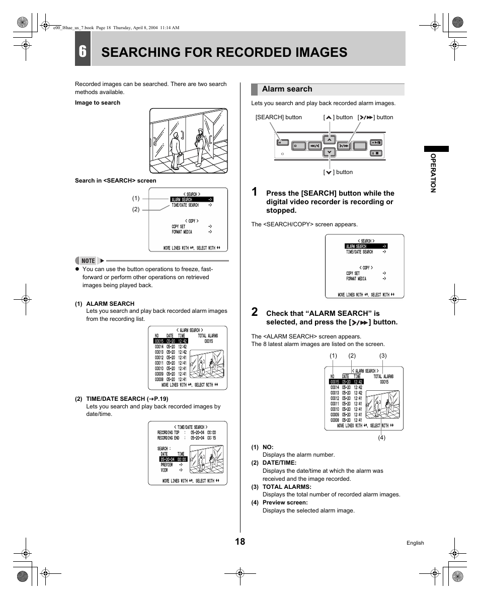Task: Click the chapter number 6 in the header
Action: [x=83, y=52]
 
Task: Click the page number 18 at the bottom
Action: [x=240, y=541]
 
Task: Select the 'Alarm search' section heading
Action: [x=287, y=89]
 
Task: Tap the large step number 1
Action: [x=255, y=192]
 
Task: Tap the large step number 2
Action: [x=255, y=312]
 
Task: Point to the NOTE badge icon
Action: [x=88, y=261]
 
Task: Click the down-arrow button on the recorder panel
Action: [x=329, y=152]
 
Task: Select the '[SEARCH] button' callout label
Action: [x=279, y=117]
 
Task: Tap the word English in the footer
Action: [x=415, y=543]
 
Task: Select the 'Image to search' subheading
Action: [x=98, y=103]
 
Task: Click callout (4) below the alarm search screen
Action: [x=381, y=438]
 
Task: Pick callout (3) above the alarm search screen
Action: [x=382, y=356]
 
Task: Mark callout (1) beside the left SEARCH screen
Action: [x=135, y=198]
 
